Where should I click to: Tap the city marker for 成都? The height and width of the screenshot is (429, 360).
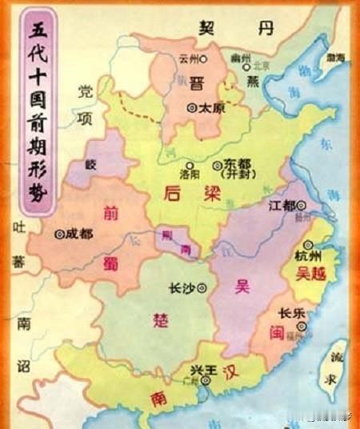[x=59, y=235]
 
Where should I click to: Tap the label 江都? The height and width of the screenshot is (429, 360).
[x=282, y=205]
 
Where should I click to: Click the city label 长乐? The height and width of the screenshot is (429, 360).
[x=290, y=314]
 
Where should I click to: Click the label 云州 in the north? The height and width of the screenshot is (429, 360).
[x=187, y=58]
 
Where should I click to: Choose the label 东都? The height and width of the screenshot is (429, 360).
[x=238, y=163]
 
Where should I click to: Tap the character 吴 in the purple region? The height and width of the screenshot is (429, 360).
[x=241, y=286]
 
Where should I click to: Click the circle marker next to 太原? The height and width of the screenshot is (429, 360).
[x=191, y=106]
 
